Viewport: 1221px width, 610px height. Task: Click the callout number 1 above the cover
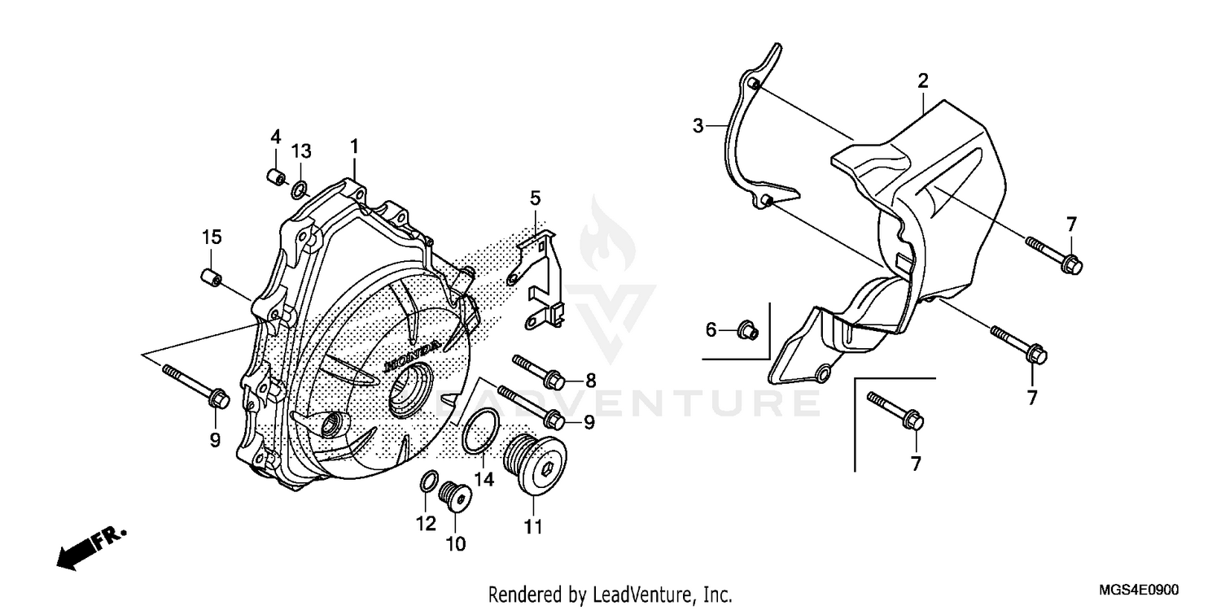[354, 146]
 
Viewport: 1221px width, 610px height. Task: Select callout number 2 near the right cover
[922, 81]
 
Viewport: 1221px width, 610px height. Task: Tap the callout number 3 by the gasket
[698, 126]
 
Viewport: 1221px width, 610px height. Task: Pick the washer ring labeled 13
[300, 191]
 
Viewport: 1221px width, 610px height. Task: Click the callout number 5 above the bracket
[535, 198]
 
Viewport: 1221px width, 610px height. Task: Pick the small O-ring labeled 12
[427, 481]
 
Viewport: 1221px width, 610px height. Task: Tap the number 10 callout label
[455, 543]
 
